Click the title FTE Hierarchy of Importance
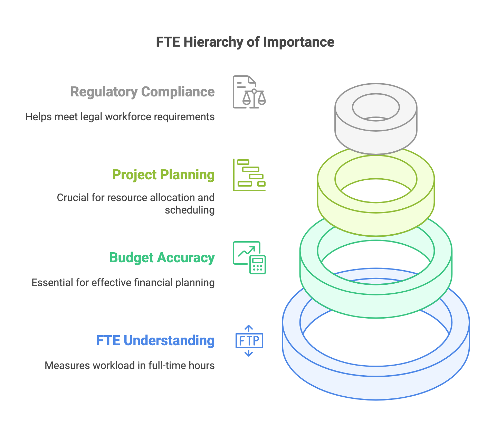click(245, 42)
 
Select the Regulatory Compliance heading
click(142, 92)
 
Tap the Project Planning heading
click(163, 175)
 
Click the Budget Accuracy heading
click(162, 258)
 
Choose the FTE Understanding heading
click(155, 341)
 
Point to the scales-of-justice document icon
click(249, 92)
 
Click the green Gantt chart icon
click(249, 175)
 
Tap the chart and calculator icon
click(249, 258)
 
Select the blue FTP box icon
click(249, 341)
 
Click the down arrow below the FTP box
click(249, 353)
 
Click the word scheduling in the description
click(190, 210)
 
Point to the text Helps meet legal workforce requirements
click(120, 117)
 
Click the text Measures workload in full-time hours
click(130, 366)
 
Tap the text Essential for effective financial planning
click(123, 283)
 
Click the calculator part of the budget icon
click(258, 265)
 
